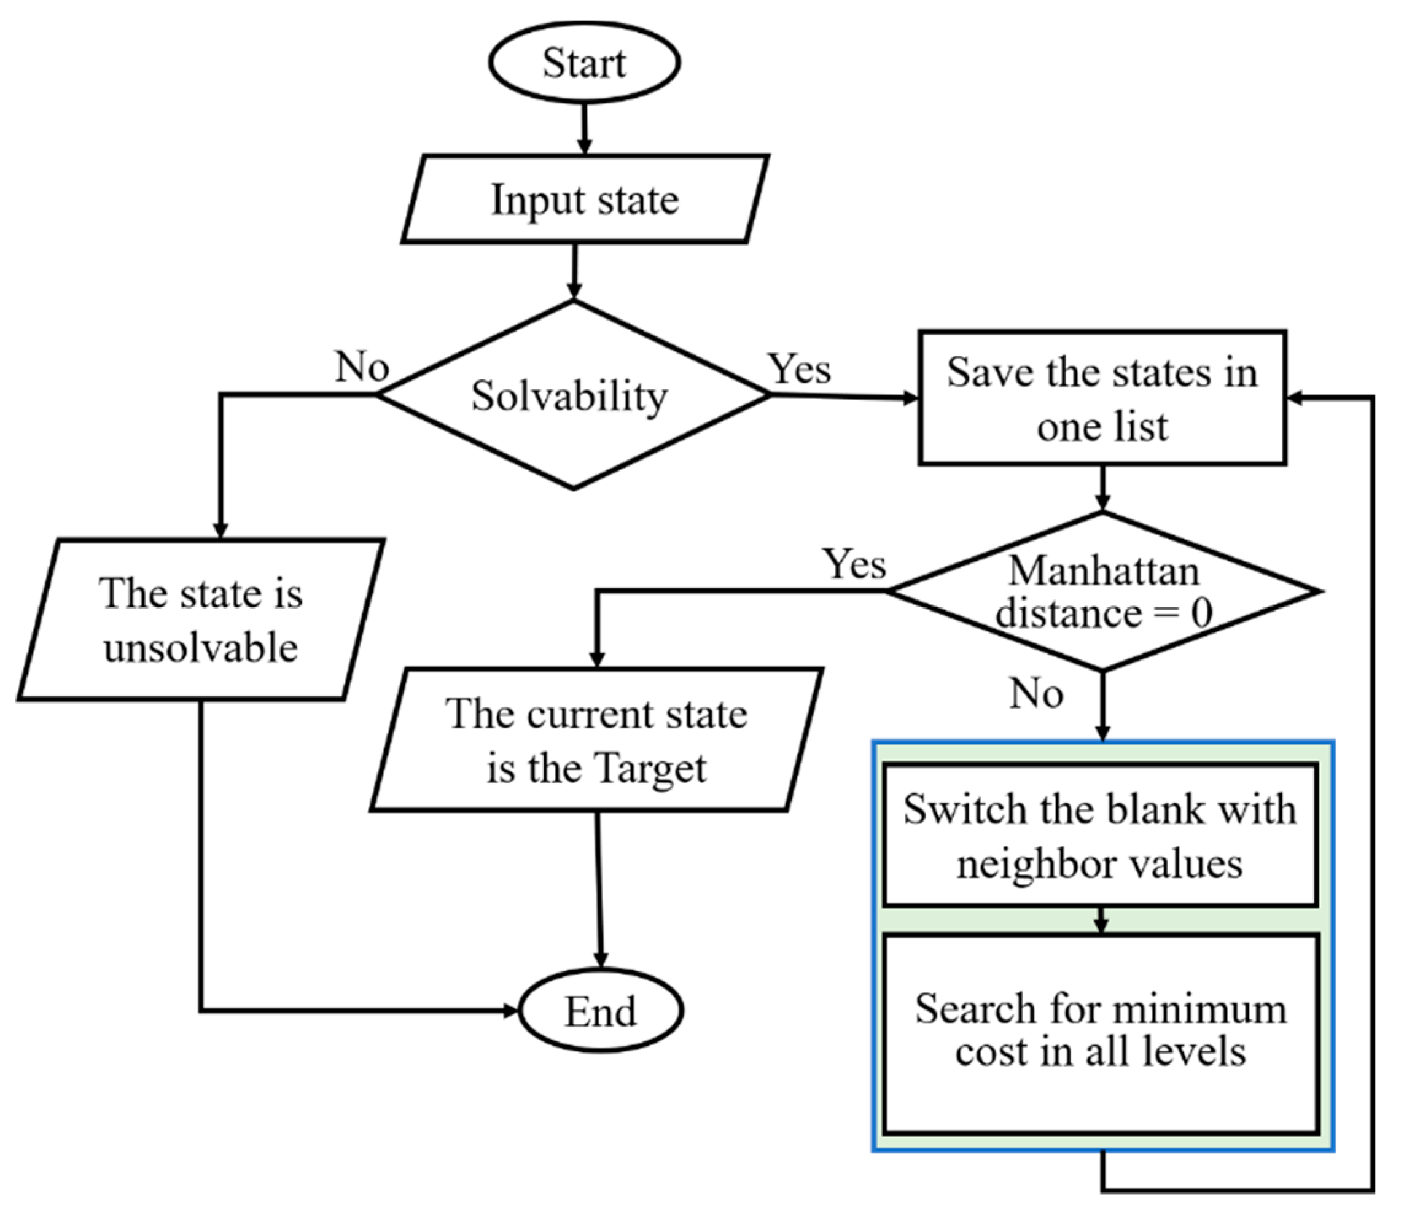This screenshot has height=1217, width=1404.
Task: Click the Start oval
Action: [x=584, y=63]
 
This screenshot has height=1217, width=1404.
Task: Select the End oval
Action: [x=601, y=1011]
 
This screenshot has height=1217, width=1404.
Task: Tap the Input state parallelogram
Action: [x=585, y=199]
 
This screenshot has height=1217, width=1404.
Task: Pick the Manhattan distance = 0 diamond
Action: [x=1103, y=591]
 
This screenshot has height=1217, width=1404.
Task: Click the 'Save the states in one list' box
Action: [x=1102, y=398]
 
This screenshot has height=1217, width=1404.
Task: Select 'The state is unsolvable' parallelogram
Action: [x=201, y=620]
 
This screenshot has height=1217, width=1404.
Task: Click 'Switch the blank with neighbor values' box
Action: [x=1101, y=834]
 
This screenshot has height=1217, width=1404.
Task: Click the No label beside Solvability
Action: [x=361, y=367]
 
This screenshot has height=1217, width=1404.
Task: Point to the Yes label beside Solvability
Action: [x=799, y=370]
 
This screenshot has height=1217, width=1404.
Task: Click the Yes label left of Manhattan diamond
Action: [x=854, y=564]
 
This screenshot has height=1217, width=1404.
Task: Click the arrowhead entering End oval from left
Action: [x=511, y=1011]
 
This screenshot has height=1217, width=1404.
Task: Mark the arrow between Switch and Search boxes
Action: [x=1101, y=921]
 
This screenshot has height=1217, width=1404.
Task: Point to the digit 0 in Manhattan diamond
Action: [x=1201, y=613]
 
